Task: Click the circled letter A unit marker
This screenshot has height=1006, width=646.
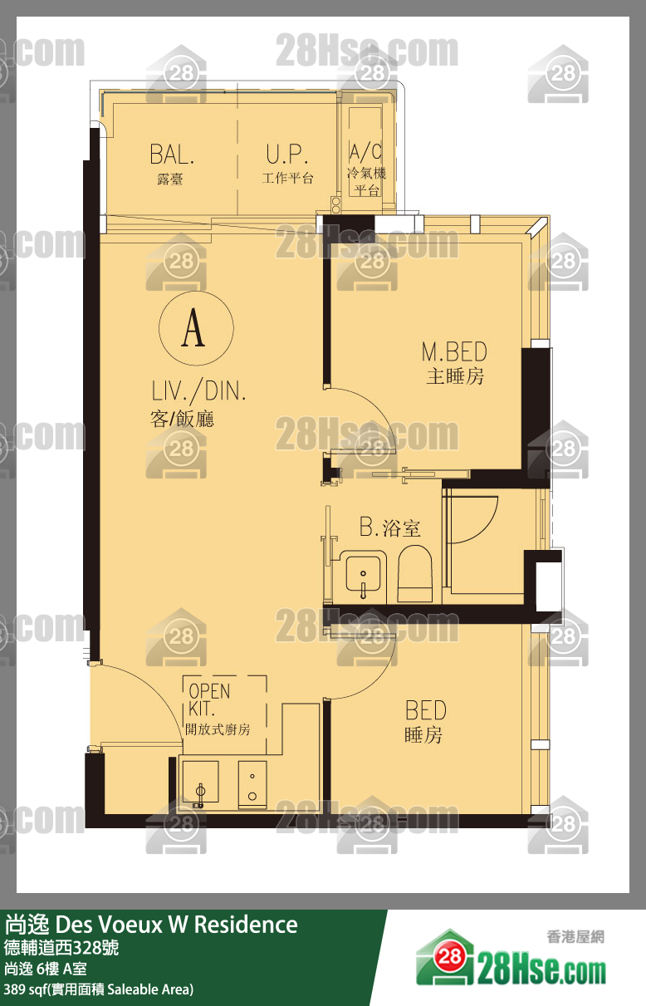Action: pos(196,328)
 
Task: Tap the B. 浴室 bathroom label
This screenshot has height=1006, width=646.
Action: pos(389,528)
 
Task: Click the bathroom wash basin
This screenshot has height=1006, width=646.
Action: pos(363,575)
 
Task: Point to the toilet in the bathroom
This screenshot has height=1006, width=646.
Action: pos(415,573)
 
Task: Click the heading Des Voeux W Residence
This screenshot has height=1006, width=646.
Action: pos(176,925)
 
